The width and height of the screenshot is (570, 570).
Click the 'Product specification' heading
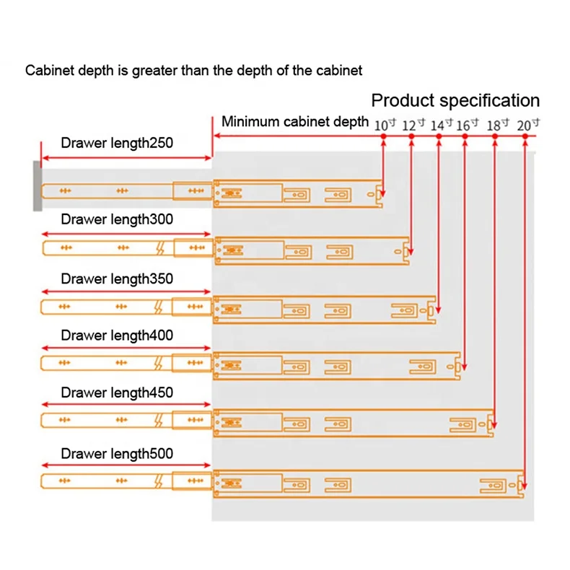point(455,100)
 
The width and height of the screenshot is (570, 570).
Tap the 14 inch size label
point(441,125)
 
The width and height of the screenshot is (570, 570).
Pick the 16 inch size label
point(467,125)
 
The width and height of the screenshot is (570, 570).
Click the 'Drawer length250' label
point(117,143)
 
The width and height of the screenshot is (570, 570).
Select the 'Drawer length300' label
point(117,219)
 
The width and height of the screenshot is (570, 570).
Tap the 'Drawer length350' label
point(117,279)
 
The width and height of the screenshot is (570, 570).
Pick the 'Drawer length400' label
point(117,336)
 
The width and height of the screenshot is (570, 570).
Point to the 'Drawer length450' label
point(117,393)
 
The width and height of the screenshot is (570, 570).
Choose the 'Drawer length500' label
point(117,454)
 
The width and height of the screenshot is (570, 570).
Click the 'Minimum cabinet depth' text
point(295,121)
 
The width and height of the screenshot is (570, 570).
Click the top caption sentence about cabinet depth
point(194,71)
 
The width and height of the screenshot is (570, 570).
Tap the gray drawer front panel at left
point(37,185)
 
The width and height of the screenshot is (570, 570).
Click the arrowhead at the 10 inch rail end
point(382,193)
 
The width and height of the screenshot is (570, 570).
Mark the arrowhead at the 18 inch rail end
point(494,424)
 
